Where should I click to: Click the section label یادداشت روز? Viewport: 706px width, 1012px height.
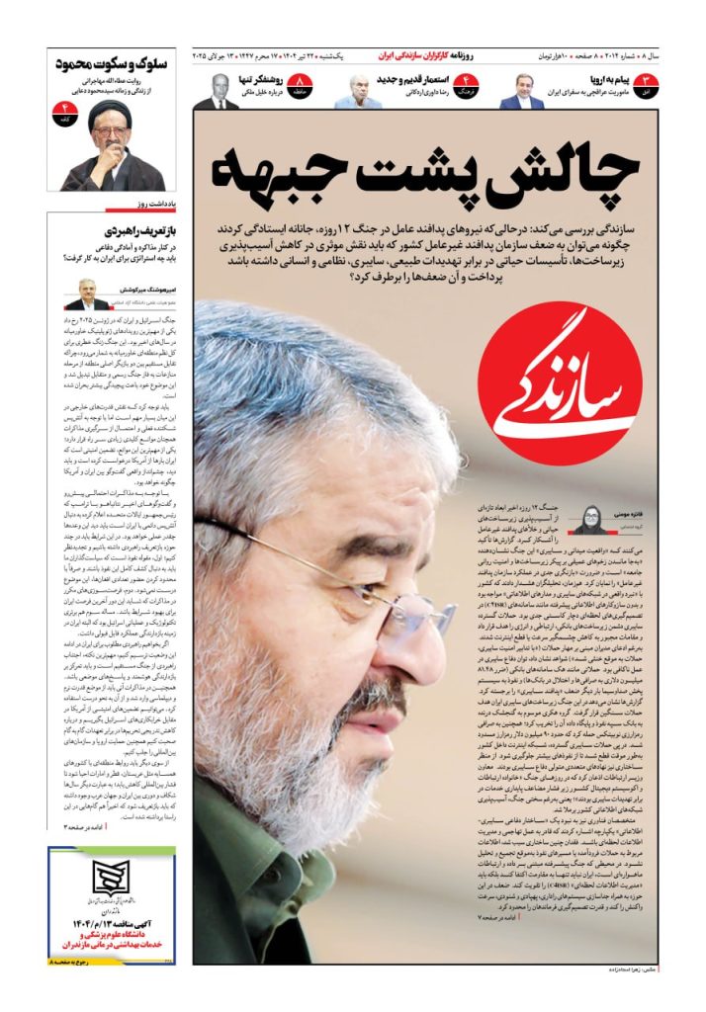[155, 205]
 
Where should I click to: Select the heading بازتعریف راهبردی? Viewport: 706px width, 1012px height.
[135, 228]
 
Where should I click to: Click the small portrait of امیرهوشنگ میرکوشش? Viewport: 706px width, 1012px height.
[88, 294]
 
